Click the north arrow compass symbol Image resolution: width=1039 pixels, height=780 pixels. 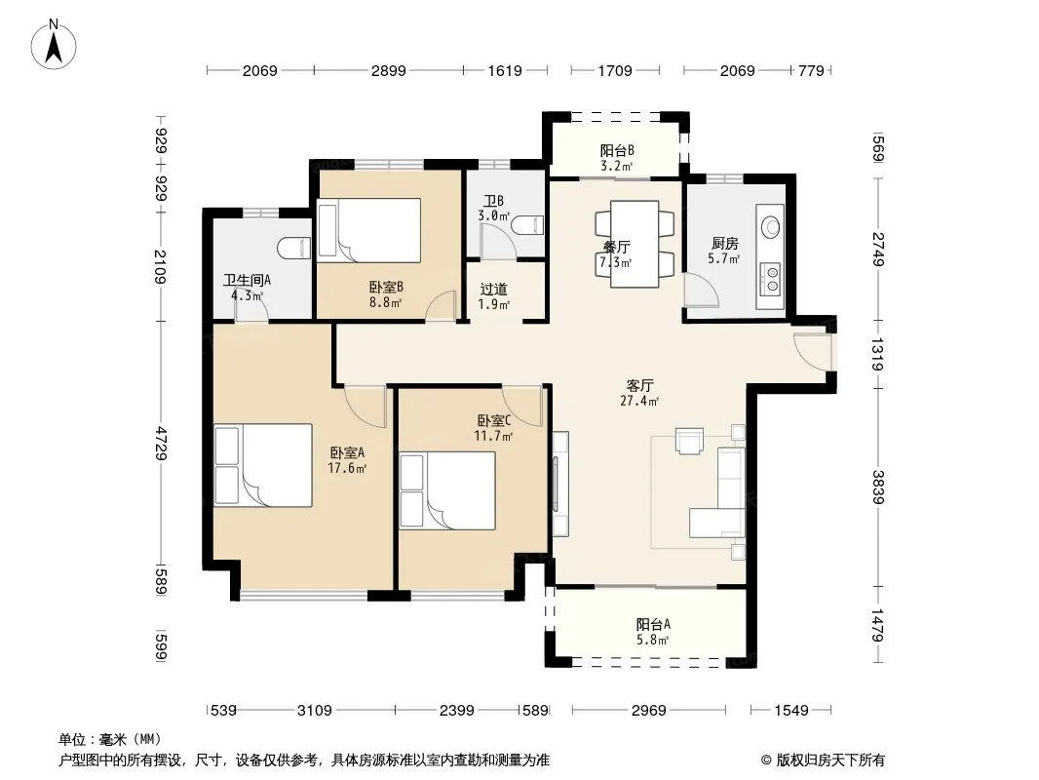coord(54,45)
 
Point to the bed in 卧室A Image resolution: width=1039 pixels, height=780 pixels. coord(263,465)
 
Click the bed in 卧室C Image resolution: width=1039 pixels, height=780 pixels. coord(448,490)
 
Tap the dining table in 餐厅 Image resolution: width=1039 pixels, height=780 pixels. coord(635,244)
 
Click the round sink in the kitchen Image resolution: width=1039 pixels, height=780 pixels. coord(771,226)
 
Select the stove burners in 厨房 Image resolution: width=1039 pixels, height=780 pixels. coord(771,278)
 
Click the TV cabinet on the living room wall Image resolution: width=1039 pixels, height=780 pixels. coord(560,484)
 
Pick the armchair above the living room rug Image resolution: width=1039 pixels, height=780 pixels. coord(689,441)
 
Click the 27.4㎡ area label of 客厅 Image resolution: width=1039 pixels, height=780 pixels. coord(639,401)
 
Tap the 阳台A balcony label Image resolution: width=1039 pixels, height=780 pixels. coord(653,624)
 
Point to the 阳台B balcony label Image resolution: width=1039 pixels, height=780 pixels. coord(617,150)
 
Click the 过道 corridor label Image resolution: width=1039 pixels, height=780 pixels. coord(493,289)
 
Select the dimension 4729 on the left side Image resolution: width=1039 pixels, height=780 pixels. coord(161,444)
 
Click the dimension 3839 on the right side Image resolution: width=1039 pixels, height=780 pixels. coord(877,487)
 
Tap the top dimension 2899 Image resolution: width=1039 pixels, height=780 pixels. coord(388,70)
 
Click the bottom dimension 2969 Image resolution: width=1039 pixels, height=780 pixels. coord(649,711)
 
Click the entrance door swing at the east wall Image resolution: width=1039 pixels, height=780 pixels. coord(812,351)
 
